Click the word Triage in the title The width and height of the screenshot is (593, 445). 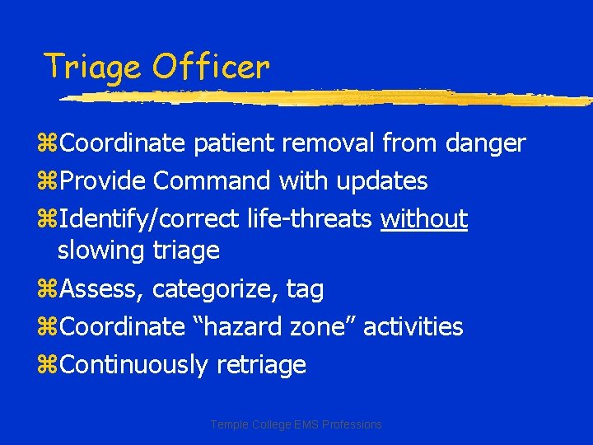pyautogui.click(x=92, y=67)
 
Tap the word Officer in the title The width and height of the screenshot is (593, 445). pyautogui.click(x=210, y=66)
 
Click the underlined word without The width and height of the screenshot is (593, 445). pyautogui.click(x=424, y=218)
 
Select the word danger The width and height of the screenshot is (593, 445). pyautogui.click(x=485, y=143)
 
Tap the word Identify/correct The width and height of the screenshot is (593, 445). pyautogui.click(x=150, y=218)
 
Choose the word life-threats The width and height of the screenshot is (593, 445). pyautogui.click(x=311, y=218)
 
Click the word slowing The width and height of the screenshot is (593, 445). pyautogui.click(x=101, y=250)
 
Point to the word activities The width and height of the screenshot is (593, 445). pyautogui.click(x=413, y=326)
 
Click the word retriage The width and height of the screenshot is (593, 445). pyautogui.click(x=261, y=365)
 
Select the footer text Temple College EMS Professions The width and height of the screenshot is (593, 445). pyautogui.click(x=296, y=424)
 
